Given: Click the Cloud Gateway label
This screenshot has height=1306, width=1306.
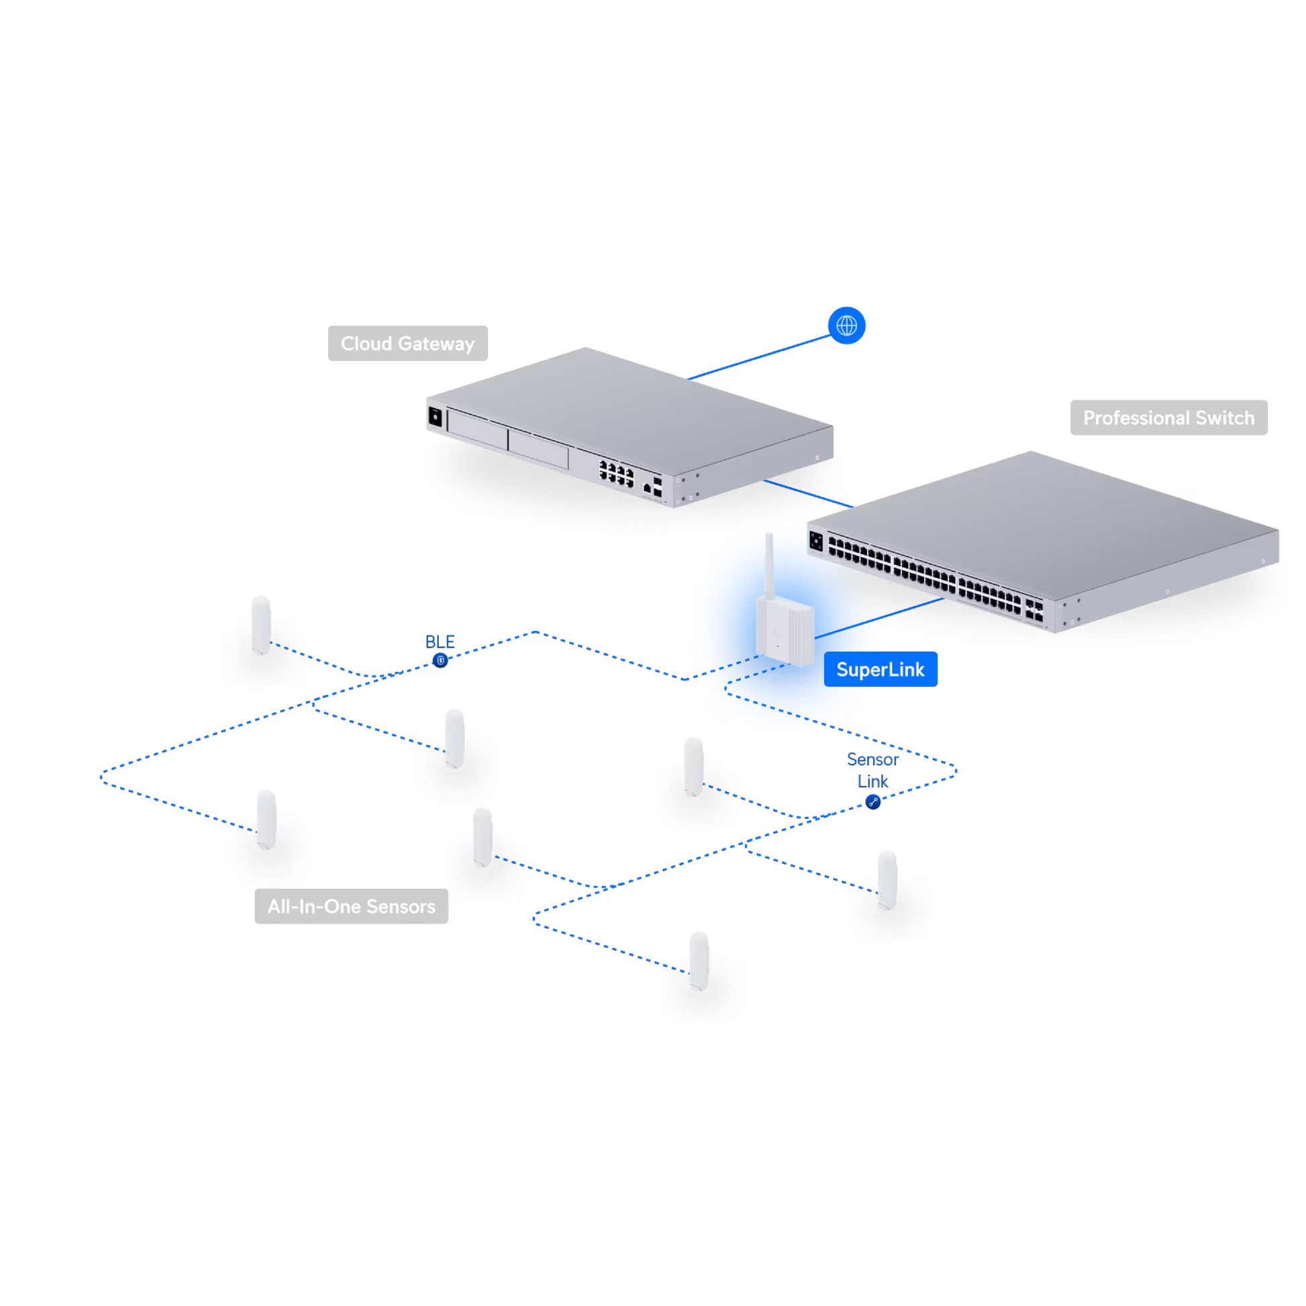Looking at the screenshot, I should [x=407, y=344].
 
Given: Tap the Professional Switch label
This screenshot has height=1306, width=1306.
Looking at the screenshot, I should [x=1168, y=417].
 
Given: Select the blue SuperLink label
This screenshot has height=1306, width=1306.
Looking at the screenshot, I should [x=880, y=669].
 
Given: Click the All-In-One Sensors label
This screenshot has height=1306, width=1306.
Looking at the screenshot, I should [x=351, y=906].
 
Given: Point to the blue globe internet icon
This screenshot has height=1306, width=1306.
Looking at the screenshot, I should [x=846, y=325].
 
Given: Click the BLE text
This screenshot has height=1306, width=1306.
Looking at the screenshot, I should [x=440, y=642].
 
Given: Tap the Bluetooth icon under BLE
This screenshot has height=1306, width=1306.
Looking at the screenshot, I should [x=440, y=660].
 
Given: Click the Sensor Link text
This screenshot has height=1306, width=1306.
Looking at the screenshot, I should [x=872, y=770].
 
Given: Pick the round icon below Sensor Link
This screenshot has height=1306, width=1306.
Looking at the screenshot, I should [x=872, y=803].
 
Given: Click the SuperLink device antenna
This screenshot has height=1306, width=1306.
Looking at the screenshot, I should [x=769, y=564].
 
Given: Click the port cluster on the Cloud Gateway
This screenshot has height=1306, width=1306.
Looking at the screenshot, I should [x=616, y=472].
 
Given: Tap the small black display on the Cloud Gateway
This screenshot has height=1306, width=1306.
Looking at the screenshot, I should [x=436, y=417].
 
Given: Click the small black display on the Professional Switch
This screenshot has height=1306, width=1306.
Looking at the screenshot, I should [x=816, y=542].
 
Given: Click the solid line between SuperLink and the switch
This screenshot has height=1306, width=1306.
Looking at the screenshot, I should [x=878, y=619].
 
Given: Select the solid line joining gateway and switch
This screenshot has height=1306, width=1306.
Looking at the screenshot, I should [x=808, y=493].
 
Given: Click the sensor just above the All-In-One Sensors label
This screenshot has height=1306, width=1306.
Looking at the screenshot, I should [x=266, y=819].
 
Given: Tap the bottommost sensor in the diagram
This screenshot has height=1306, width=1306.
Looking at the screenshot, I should [x=699, y=960].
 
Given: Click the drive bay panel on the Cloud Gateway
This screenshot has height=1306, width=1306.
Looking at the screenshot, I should [x=507, y=440].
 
